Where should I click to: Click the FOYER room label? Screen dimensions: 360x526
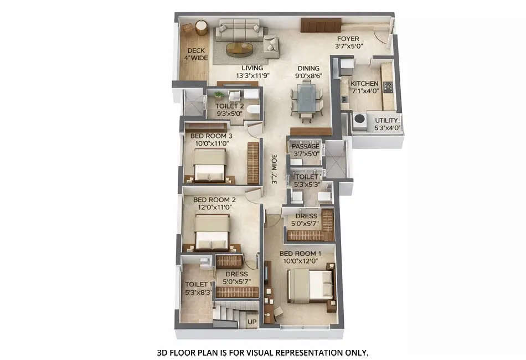(347, 39)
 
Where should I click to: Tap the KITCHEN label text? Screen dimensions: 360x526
(364, 83)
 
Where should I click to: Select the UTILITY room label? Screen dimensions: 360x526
(386, 120)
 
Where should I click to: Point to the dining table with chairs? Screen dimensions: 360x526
(306, 100)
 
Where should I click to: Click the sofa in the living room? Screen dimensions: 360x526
(237, 31)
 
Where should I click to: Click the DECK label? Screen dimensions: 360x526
(196, 50)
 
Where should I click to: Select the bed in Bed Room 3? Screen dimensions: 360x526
(209, 167)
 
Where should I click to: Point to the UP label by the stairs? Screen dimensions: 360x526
(251, 321)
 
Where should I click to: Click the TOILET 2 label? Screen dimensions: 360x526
(230, 106)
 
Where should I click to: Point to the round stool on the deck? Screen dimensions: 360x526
(201, 27)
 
